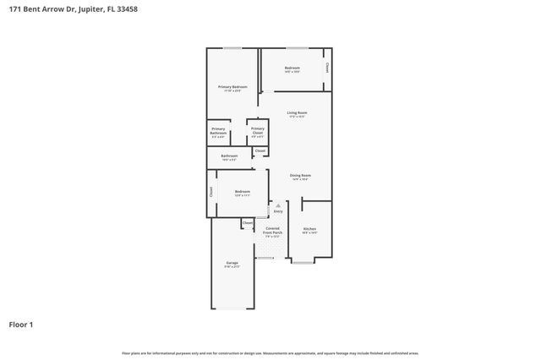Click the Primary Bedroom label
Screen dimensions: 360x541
point(232,87)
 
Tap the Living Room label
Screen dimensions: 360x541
point(296,112)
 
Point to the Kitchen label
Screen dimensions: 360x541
point(309,229)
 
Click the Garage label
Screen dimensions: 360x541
point(232,263)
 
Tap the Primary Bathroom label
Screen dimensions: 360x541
point(218,131)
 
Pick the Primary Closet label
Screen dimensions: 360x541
point(257,130)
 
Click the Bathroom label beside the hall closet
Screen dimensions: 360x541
point(229,155)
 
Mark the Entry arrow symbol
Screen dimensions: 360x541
point(278,205)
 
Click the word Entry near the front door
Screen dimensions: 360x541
point(278,211)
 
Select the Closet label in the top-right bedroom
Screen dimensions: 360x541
point(327,68)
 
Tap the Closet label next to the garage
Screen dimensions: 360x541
point(247,223)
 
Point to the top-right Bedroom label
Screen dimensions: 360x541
point(292,68)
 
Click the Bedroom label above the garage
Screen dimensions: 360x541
point(242,192)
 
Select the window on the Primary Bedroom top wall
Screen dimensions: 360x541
point(232,47)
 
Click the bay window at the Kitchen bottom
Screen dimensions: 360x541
point(303,263)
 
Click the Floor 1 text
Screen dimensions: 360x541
point(21,324)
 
